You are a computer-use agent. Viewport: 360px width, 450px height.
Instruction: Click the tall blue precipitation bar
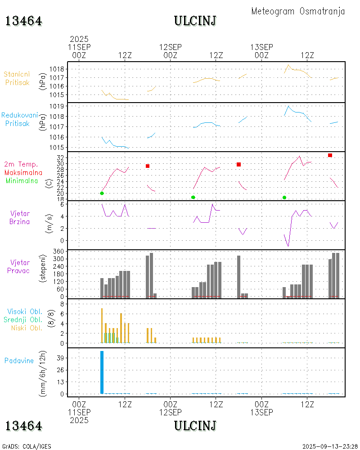(x=102, y=372)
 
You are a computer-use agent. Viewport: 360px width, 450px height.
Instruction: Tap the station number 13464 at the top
(x=24, y=21)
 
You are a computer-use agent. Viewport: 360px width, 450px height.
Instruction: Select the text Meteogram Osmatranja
(x=298, y=11)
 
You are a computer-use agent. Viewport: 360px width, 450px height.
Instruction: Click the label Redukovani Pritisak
(x=19, y=119)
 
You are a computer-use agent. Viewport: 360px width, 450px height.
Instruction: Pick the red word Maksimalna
(x=23, y=172)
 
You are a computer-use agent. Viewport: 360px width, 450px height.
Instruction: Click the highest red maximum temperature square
(x=330, y=155)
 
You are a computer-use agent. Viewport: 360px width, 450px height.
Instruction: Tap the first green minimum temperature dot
(x=102, y=193)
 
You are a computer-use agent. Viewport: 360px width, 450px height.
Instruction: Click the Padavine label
(x=19, y=360)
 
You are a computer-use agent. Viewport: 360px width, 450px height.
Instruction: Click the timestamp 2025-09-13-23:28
(x=330, y=446)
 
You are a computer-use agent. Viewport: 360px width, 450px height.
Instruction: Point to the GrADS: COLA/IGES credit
(x=27, y=446)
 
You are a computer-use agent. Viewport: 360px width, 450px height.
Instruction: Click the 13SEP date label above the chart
(x=261, y=47)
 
